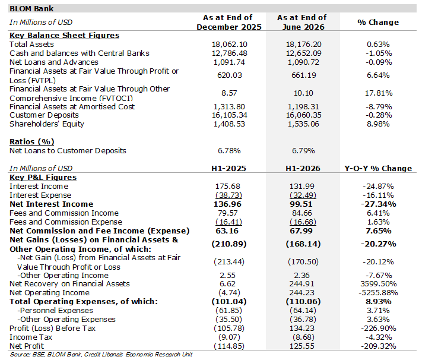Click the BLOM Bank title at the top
click(31, 9)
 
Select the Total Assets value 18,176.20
click(303, 45)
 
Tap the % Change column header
click(378, 23)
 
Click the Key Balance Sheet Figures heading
click(64, 36)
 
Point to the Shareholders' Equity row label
click(47, 124)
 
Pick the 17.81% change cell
click(379, 93)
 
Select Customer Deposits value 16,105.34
click(229, 115)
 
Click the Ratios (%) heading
click(32, 142)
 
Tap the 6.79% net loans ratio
click(303, 151)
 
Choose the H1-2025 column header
click(228, 169)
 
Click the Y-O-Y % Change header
click(378, 169)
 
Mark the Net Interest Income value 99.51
click(301, 204)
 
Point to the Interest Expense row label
click(40, 195)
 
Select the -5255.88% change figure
click(378, 293)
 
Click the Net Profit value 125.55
click(302, 346)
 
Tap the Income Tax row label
click(31, 337)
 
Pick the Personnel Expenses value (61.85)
click(228, 311)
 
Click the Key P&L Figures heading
click(43, 178)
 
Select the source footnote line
click(101, 355)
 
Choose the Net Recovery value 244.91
click(302, 284)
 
